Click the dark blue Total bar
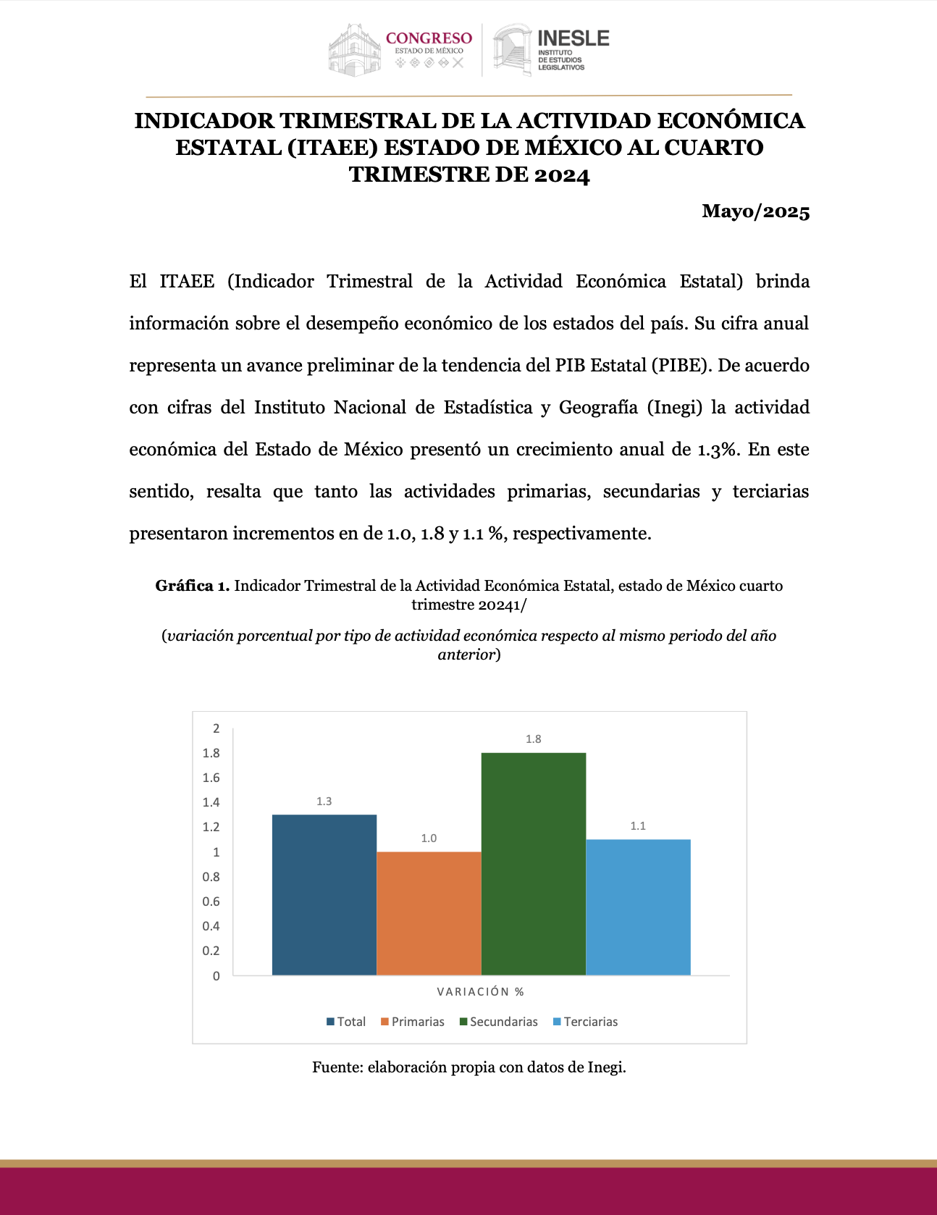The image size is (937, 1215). tap(324, 895)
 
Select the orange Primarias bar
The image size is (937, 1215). tap(429, 913)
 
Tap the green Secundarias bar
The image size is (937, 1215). tap(533, 864)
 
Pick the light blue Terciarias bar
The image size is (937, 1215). tap(638, 907)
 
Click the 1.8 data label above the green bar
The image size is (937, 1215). tap(533, 739)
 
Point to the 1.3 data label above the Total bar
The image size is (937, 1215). tap(324, 802)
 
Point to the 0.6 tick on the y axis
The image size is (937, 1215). tap(211, 901)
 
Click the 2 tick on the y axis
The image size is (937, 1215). tap(216, 728)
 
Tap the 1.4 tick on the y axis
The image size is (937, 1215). tap(211, 802)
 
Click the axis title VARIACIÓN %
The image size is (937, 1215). tap(480, 992)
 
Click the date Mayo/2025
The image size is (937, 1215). tap(755, 211)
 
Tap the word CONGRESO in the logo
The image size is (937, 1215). tap(429, 38)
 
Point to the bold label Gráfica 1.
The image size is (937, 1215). tap(192, 586)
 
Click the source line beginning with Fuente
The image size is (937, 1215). tap(468, 1067)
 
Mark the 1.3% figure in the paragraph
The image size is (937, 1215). tap(718, 450)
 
